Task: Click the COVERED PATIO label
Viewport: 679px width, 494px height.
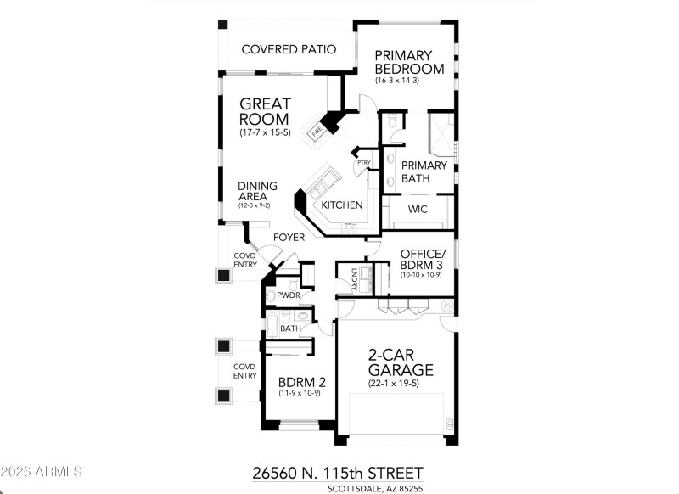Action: [x=289, y=49]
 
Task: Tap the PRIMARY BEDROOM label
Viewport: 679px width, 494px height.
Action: [x=410, y=62]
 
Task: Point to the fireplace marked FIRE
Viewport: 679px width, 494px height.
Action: [x=317, y=132]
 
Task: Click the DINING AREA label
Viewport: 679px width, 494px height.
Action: [x=254, y=191]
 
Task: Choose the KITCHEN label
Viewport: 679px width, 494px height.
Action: [x=342, y=205]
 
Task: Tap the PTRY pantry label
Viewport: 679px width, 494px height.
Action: [x=363, y=163]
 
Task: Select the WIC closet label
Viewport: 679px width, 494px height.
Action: [x=417, y=209]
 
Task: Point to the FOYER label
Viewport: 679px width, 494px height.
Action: [x=289, y=238]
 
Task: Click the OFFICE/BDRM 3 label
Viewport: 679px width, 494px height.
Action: [x=422, y=260]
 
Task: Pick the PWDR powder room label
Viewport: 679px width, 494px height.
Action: [x=289, y=295]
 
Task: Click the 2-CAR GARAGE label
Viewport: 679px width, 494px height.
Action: [x=400, y=362]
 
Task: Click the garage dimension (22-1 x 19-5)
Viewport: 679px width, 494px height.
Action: [x=400, y=383]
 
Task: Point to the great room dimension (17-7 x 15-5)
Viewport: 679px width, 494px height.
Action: [x=265, y=133]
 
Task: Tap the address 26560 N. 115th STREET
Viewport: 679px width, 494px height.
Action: [x=337, y=472]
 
